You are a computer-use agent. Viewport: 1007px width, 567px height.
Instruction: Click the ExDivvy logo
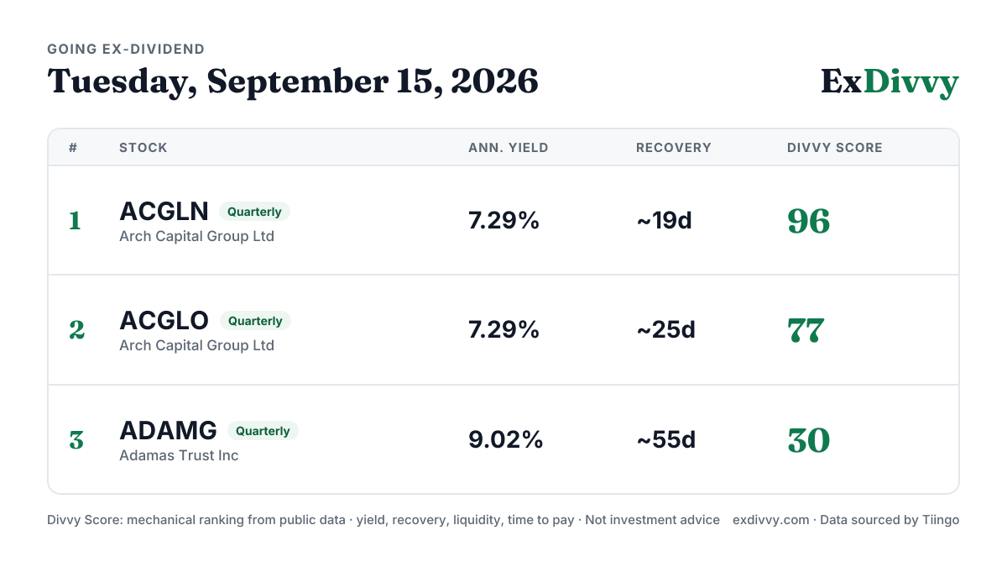tap(890, 82)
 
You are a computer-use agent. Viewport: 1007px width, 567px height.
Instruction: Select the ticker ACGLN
tap(164, 211)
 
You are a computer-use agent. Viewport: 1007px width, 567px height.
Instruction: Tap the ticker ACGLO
tap(164, 320)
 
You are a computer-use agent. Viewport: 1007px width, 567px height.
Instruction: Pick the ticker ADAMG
tap(168, 430)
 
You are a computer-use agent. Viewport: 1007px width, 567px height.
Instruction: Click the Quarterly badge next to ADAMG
tap(263, 431)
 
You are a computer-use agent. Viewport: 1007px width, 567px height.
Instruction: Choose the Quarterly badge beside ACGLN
tap(254, 212)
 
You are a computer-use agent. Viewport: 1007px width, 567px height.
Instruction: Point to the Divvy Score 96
tap(809, 221)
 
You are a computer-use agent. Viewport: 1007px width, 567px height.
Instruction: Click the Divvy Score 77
tap(806, 330)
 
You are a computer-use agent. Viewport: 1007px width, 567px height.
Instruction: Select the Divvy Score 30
tap(809, 440)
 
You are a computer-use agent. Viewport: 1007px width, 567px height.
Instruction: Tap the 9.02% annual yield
tap(506, 439)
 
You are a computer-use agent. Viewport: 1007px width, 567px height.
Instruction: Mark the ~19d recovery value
tap(664, 220)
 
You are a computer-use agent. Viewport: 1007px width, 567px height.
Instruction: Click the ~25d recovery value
tap(665, 330)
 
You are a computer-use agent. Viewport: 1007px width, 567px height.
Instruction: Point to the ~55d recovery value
tap(665, 439)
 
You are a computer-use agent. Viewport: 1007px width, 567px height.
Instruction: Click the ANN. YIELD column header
tap(509, 148)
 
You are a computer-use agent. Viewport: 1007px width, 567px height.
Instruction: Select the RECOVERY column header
tap(673, 148)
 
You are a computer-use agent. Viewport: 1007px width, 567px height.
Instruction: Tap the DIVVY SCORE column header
tap(835, 148)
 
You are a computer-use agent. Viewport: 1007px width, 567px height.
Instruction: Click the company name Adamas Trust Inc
tap(179, 455)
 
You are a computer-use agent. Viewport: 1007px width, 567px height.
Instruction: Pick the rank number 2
tap(77, 330)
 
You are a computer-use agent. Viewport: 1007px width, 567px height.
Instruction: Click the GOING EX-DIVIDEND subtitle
tap(126, 49)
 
